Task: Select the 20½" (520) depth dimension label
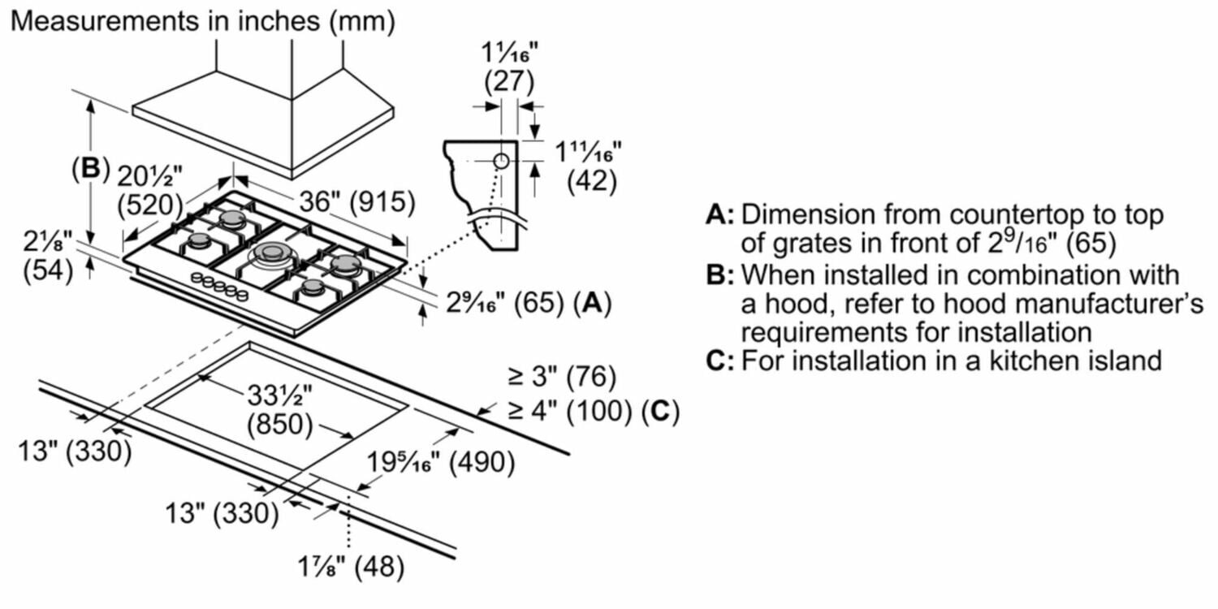pos(151,188)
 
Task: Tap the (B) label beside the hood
pos(89,168)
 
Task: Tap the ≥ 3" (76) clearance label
pos(562,377)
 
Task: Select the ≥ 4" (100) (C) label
pos(593,411)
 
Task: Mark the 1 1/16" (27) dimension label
pos(508,70)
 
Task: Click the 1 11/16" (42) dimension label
pos(587,166)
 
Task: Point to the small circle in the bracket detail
pos(501,161)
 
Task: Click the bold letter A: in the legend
pos(720,215)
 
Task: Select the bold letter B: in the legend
pos(720,274)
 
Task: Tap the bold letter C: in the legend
pos(720,360)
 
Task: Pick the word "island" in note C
pos(1121,360)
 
